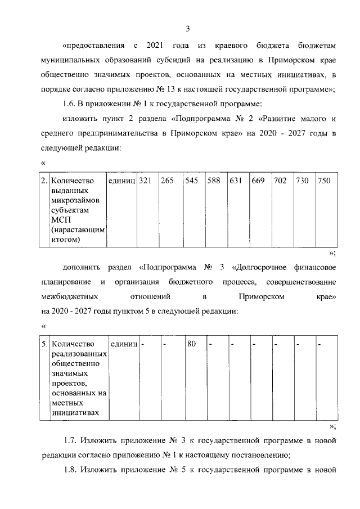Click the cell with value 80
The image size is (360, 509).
pyautogui.click(x=191, y=343)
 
